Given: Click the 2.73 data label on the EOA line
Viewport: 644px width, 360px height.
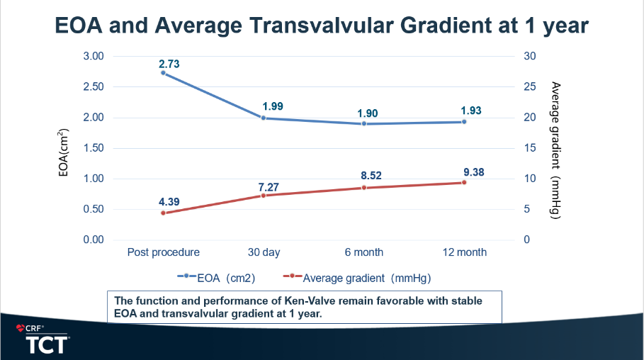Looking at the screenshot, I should click(169, 64).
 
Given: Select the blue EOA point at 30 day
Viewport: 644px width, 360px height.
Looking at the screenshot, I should click(264, 118).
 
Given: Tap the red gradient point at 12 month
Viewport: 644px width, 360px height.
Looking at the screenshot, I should click(464, 182).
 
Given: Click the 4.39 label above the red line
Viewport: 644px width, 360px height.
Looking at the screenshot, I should click(169, 201).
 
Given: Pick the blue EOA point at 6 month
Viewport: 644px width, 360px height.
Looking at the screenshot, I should click(364, 123).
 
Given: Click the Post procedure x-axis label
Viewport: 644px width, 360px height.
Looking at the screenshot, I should click(163, 252).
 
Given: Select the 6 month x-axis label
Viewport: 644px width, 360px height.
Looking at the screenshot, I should click(364, 252).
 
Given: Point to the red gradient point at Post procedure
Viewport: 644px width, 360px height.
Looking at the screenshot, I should click(163, 213).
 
